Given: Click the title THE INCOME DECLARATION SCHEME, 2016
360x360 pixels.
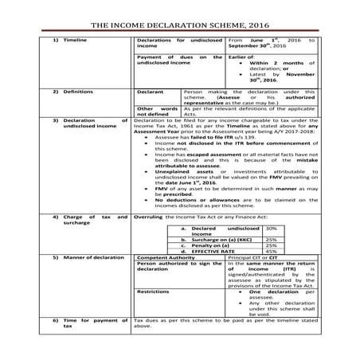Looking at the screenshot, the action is pos(180,25).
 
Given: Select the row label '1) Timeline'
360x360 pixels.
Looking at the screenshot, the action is pos(72,39).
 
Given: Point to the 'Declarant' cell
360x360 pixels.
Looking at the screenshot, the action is pos(151,92).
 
